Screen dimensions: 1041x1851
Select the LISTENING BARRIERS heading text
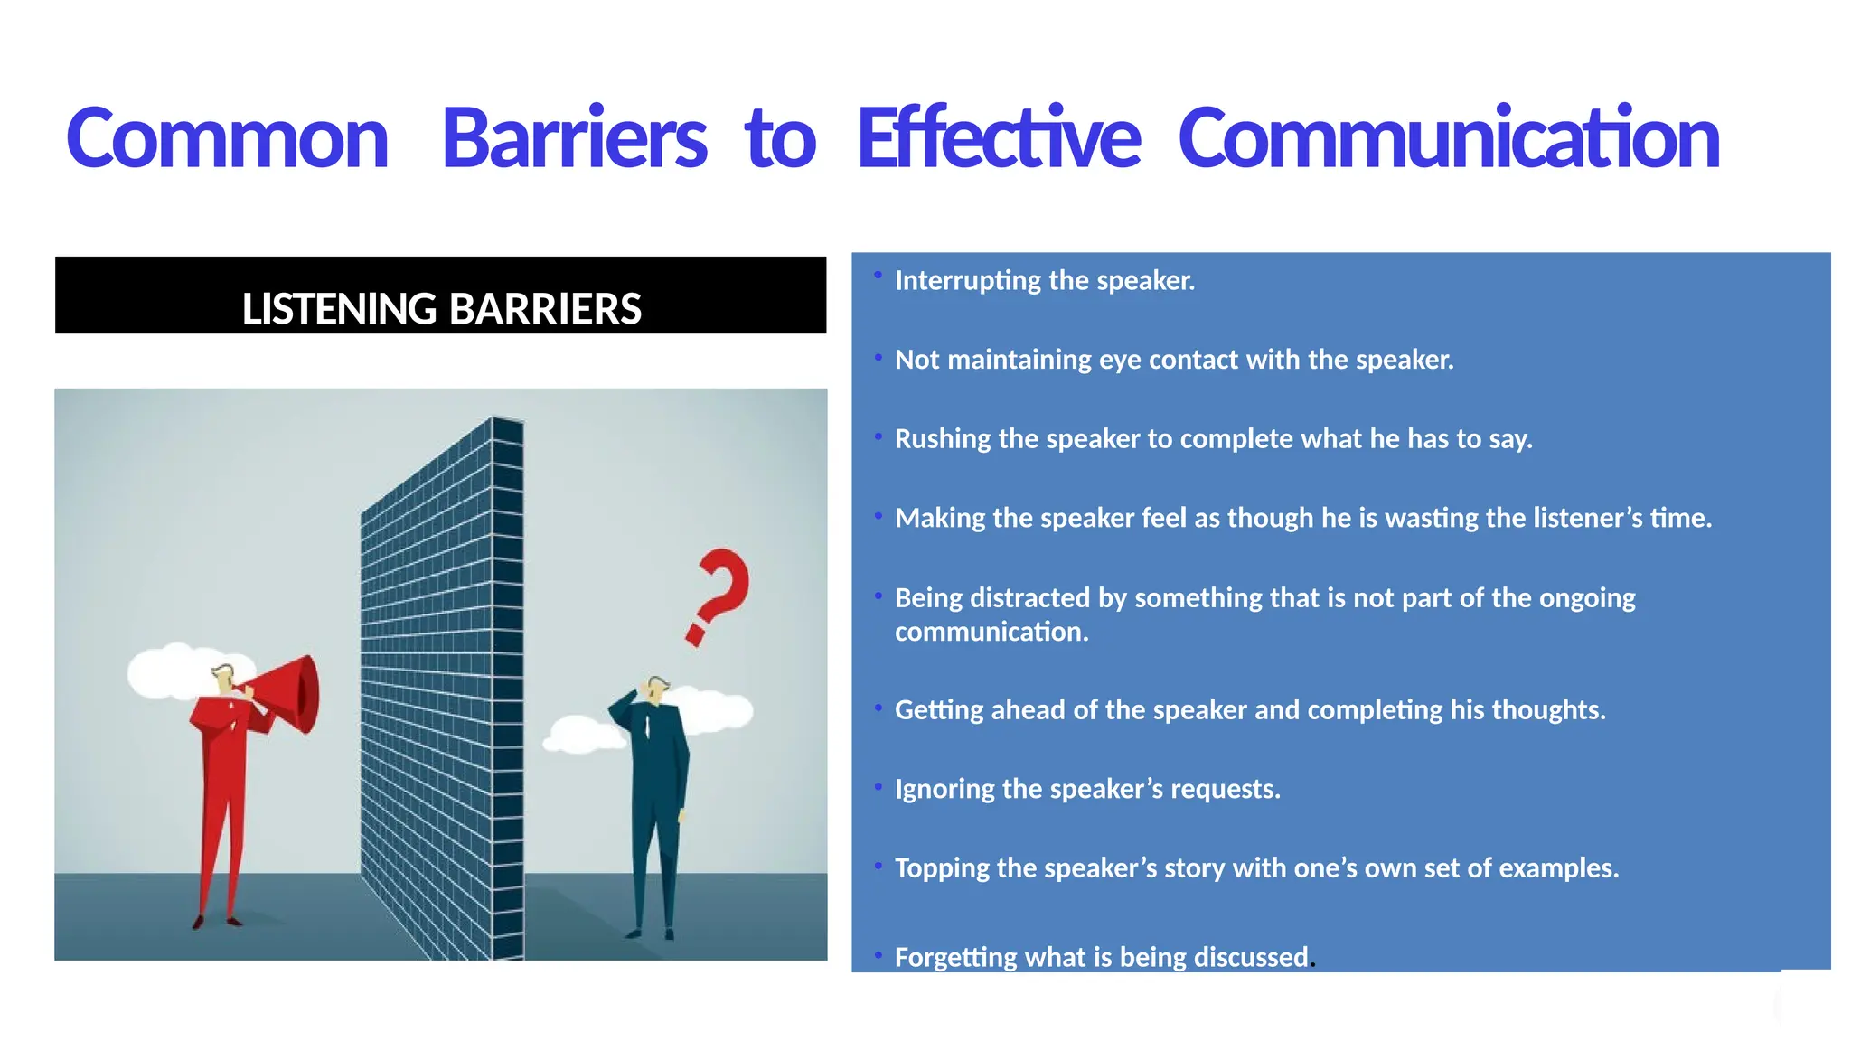441,308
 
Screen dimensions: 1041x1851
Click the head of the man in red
222,679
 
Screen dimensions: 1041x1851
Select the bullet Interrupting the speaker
1044,281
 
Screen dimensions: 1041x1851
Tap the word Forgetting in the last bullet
956,957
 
